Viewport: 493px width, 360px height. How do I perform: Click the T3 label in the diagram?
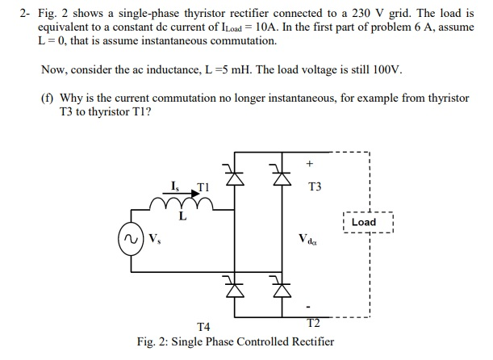315,187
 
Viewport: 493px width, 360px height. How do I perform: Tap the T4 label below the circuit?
203,327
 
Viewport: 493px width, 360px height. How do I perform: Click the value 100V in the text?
384,69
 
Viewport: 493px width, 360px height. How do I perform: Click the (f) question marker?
48,98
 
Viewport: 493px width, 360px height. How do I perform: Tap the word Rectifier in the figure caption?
310,341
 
